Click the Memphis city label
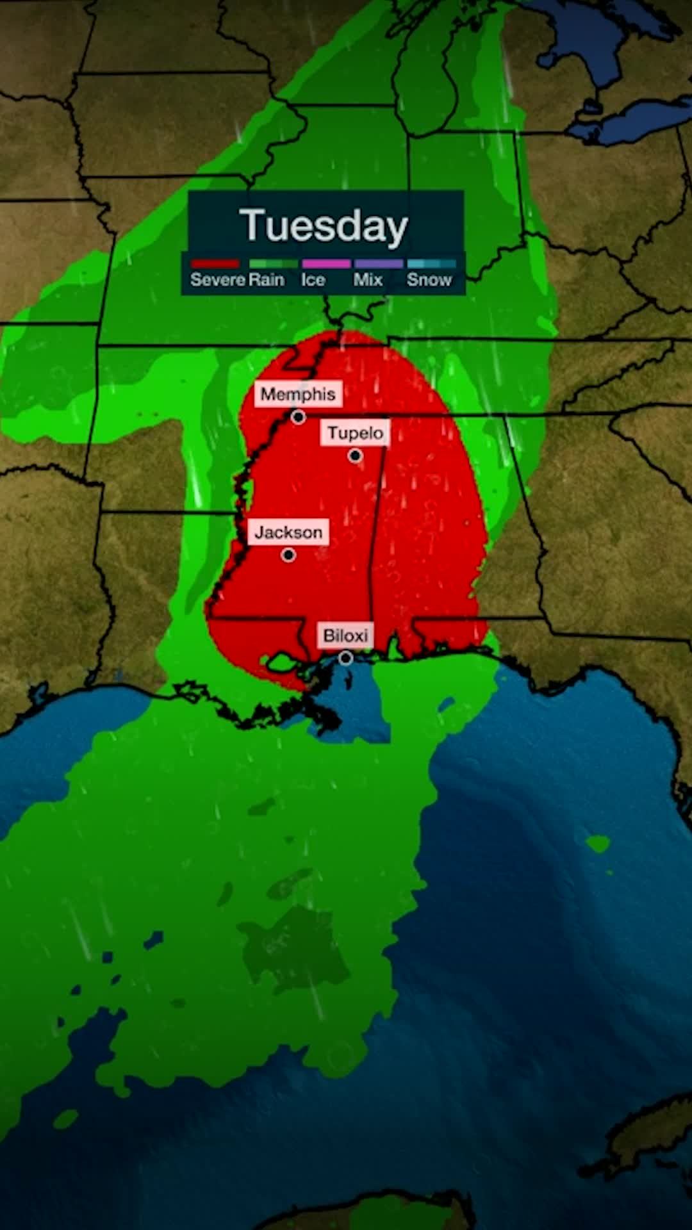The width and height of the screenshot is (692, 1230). coord(298,394)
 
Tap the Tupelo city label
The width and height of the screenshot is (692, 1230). coord(355,433)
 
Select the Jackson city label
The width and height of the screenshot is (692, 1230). coord(288,532)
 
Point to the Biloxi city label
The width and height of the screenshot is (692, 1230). coord(345,635)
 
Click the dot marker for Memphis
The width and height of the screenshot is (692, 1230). coord(298,418)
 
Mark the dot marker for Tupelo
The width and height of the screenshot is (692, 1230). coord(355,456)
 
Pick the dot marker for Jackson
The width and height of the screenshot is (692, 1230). coord(288,555)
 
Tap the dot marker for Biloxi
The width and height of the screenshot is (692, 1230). coord(345,658)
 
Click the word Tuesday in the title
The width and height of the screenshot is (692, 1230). coord(324,225)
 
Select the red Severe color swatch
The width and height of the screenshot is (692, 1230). coord(215,264)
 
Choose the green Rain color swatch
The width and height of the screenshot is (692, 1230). coord(274,264)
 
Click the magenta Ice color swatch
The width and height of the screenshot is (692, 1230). coord(326,264)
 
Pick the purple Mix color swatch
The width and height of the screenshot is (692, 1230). coord(379,264)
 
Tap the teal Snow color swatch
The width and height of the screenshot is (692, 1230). coord(431,264)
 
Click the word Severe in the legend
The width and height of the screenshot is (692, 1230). coord(218,280)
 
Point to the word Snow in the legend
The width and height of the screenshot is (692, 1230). coord(429,280)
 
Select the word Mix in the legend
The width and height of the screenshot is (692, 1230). coord(368,280)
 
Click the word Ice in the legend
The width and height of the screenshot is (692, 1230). coord(313,280)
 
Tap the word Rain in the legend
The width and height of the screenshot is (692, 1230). coord(267,280)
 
